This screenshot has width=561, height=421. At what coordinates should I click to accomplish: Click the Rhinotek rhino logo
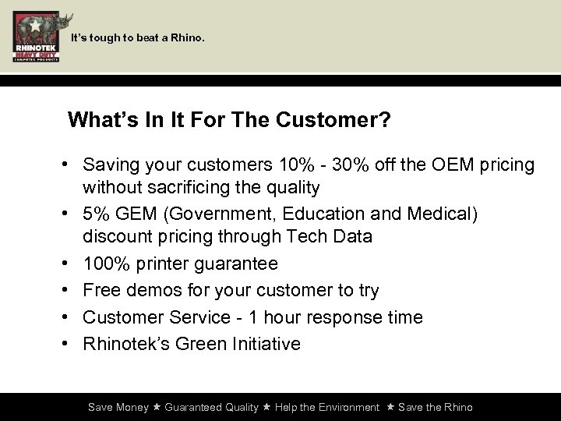pos(36,37)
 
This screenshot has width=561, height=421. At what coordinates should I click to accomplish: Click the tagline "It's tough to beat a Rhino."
pos(138,37)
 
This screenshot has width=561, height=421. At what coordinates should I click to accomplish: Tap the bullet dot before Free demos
pos(69,291)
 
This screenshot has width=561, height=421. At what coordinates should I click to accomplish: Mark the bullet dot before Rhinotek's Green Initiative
pos(69,344)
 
